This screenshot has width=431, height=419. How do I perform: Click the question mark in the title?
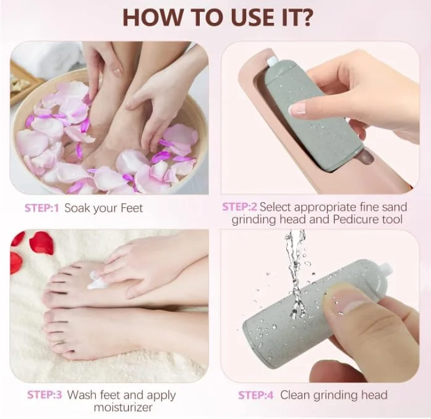(304, 17)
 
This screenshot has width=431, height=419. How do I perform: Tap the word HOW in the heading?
(152, 17)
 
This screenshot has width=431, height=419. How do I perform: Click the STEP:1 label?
(41, 208)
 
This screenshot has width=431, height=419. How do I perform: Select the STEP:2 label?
(239, 207)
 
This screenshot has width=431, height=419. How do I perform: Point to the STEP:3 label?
(45, 395)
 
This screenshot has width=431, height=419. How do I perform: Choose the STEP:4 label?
(256, 395)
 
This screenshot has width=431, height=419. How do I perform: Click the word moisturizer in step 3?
(123, 407)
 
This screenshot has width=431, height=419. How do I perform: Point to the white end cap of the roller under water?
(385, 270)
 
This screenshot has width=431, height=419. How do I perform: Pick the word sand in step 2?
(393, 207)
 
